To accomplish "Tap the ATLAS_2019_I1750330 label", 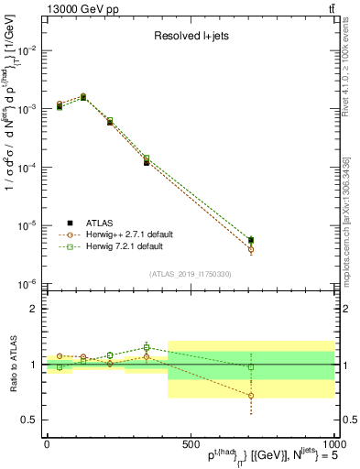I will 189,274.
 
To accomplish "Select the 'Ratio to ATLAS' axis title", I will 12,365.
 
